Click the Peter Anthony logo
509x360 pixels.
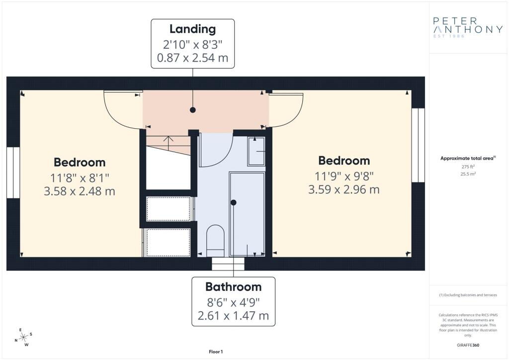[x=468, y=27]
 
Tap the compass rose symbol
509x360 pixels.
[x=23, y=338]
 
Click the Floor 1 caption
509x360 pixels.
[x=216, y=352]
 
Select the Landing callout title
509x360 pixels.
[x=192, y=29]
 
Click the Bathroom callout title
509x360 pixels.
[x=234, y=286]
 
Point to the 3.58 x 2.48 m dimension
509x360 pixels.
[x=80, y=191]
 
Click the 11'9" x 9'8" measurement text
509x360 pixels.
[x=344, y=176]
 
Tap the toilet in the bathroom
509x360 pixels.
[x=216, y=241]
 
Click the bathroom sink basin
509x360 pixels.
[x=256, y=151]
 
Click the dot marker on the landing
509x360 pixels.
[x=192, y=110]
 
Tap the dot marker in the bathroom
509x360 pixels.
[x=234, y=202]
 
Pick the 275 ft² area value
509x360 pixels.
[x=468, y=167]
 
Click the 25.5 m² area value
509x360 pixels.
[x=468, y=174]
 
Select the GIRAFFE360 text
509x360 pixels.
[x=468, y=345]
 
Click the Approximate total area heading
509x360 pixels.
[x=468, y=159]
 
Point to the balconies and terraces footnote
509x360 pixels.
[x=468, y=295]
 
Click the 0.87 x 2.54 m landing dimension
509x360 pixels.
[x=192, y=58]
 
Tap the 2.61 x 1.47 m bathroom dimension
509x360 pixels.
[x=234, y=316]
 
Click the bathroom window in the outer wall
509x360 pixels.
[x=228, y=264]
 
